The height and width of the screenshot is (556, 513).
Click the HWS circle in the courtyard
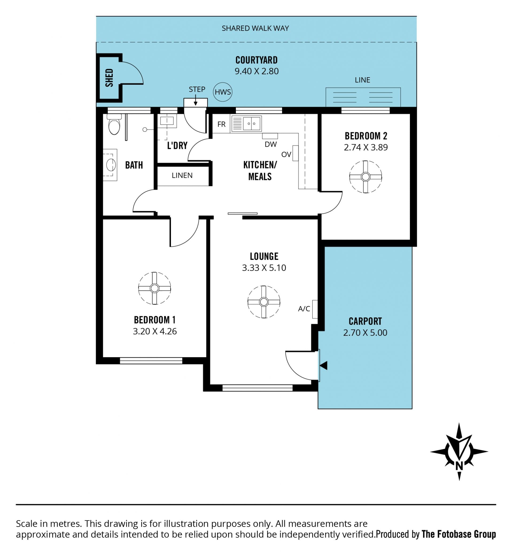pyautogui.click(x=223, y=92)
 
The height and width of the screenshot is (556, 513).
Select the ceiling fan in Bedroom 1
pyautogui.click(x=155, y=288)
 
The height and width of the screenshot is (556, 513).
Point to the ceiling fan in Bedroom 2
pyautogui.click(x=366, y=177)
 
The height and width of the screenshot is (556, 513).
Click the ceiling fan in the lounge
pyautogui.click(x=264, y=302)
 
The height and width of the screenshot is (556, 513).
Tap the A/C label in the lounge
pyautogui.click(x=304, y=308)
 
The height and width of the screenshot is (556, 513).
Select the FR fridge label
pyautogui.click(x=221, y=124)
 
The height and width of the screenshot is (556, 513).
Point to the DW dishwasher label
pyautogui.click(x=271, y=144)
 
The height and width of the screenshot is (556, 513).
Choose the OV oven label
pyautogui.click(x=286, y=155)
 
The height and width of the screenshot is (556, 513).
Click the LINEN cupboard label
pyautogui.click(x=182, y=175)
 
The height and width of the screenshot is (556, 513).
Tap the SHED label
pyautogui.click(x=109, y=78)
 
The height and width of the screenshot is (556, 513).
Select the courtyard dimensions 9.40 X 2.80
pyautogui.click(x=256, y=71)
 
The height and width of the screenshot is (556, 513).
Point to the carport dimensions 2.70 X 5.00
pyautogui.click(x=365, y=333)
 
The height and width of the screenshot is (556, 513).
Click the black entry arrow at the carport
pyautogui.click(x=324, y=365)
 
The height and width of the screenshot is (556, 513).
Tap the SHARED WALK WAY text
pyautogui.click(x=255, y=28)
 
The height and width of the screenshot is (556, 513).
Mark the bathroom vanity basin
pyautogui.click(x=111, y=165)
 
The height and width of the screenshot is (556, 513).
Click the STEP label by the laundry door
pyautogui.click(x=197, y=89)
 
